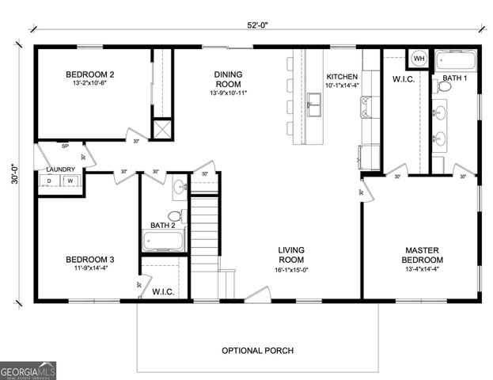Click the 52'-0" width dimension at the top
coord(257,25)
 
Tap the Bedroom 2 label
coord(89,75)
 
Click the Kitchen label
coord(342,76)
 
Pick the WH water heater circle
coord(419,59)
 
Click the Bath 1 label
coord(455,78)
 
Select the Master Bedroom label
coord(421,255)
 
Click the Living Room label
coord(291,255)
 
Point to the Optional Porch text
coord(257,350)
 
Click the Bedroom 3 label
coord(89,260)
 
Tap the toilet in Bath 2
coord(175,216)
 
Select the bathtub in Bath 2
coord(164,240)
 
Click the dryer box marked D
coord(50,181)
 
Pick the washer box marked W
coord(70,181)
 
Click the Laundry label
coord(60,169)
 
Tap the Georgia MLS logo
coord(28,370)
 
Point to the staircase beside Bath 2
coord(204,226)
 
